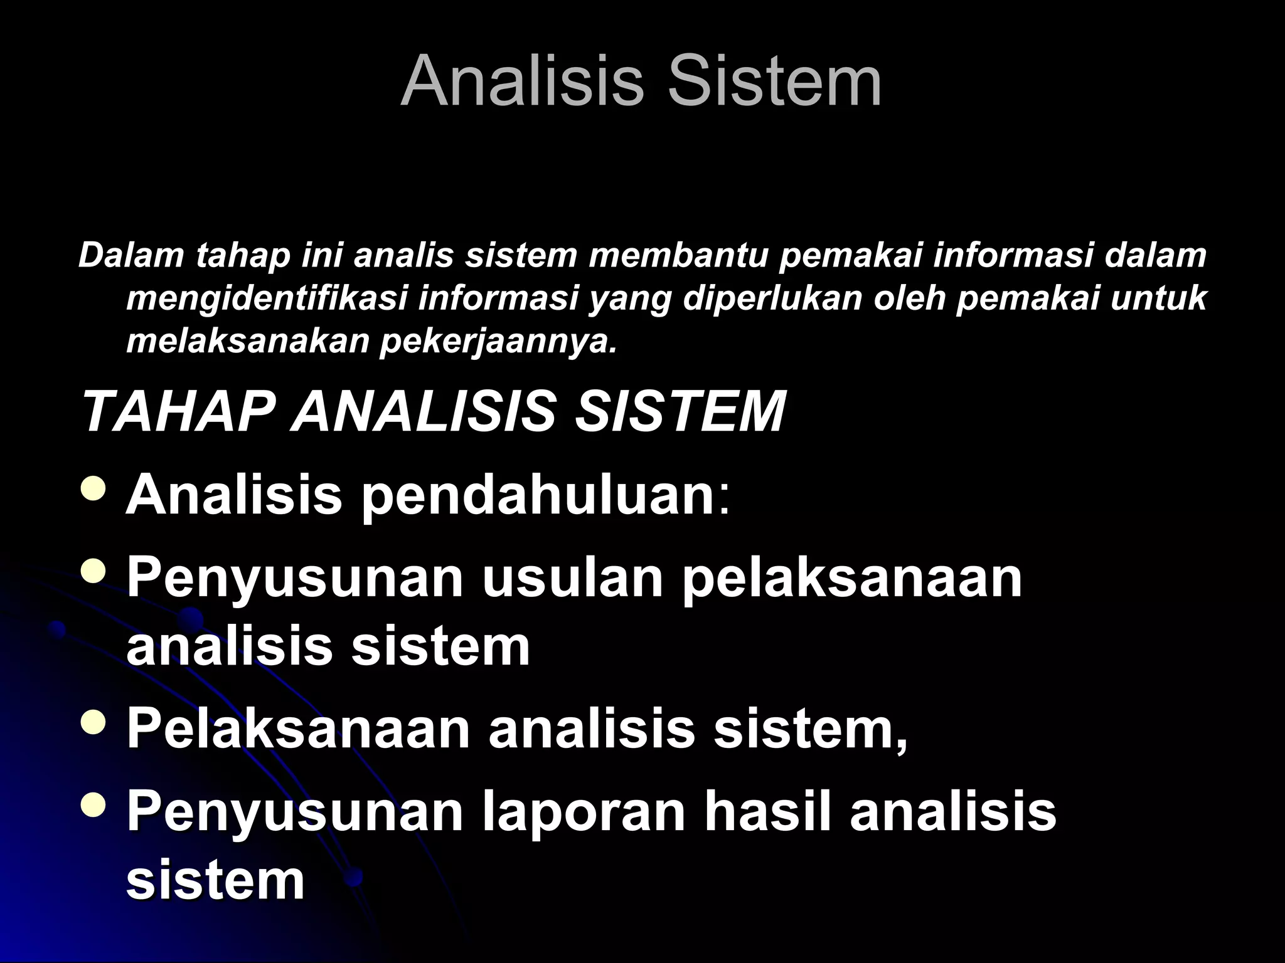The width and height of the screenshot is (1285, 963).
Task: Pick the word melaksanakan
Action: [x=247, y=340]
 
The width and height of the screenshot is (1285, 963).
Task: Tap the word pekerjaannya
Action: [x=499, y=342]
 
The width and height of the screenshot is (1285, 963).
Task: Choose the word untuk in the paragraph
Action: [x=1158, y=298]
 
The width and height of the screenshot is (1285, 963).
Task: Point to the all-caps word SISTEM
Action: [x=680, y=412]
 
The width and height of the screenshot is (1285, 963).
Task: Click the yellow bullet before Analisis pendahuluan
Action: [x=94, y=488]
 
